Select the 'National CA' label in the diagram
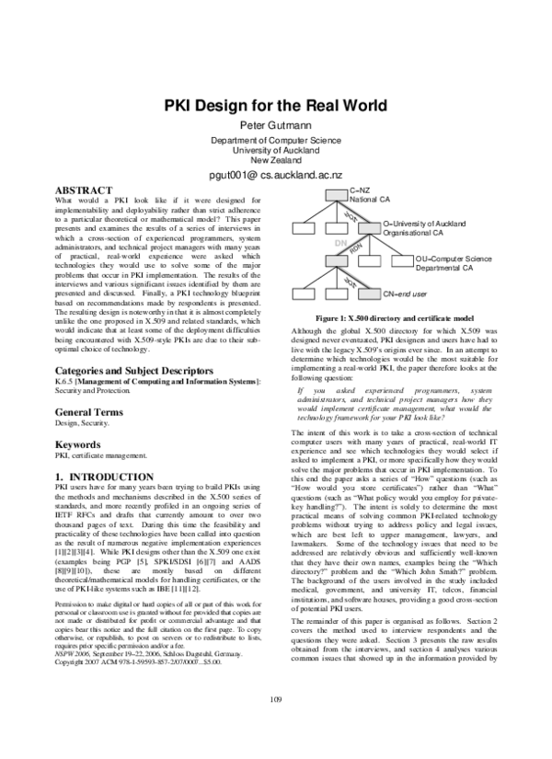coord(371,199)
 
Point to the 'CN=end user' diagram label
coord(405,293)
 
